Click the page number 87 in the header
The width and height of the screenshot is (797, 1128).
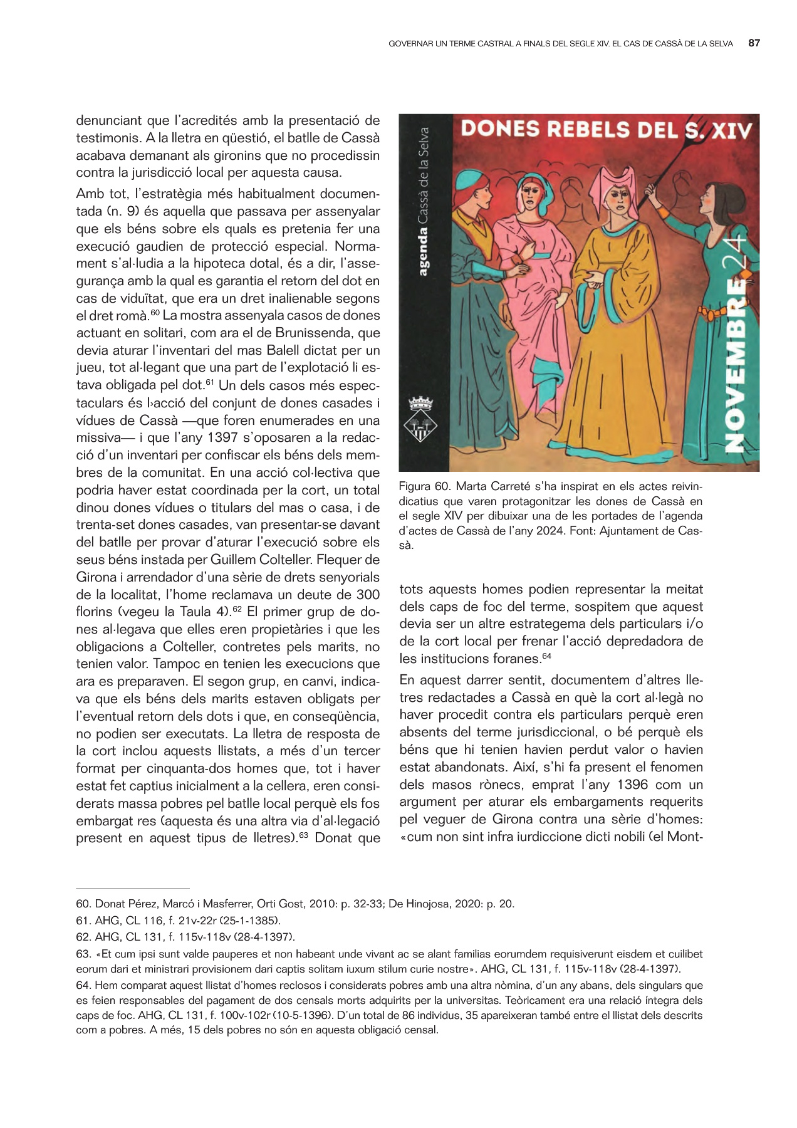[754, 43]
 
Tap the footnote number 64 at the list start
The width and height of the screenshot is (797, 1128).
[82, 985]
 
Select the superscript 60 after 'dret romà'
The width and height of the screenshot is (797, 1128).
[155, 312]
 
